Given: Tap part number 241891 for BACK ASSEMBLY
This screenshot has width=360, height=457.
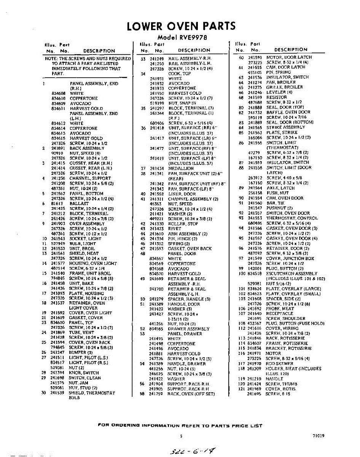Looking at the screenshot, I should click(x=58, y=148).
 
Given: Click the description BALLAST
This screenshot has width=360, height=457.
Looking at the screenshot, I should click(x=79, y=204).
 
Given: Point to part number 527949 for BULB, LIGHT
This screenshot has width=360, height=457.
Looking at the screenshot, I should click(x=58, y=243).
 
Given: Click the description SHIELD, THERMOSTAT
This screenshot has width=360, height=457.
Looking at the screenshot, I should click(x=92, y=393).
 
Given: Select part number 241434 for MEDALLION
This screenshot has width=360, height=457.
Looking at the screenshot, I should click(x=157, y=168).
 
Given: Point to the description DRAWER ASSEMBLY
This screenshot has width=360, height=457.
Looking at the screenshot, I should click(x=188, y=329).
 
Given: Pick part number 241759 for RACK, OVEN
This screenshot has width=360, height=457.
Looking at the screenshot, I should click(x=156, y=394).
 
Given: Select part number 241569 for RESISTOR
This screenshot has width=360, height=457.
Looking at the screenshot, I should click(x=255, y=97).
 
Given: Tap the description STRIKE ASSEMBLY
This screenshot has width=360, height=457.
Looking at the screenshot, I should click(x=285, y=127).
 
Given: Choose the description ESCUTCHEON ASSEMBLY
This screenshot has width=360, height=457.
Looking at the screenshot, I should click(x=291, y=273).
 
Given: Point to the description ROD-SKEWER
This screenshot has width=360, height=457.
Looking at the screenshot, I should click(x=279, y=364).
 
